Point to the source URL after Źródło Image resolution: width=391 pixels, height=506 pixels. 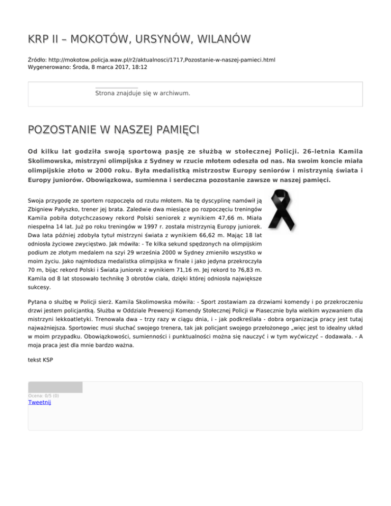[162, 60]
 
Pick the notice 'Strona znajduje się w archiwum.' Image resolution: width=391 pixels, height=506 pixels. [143, 93]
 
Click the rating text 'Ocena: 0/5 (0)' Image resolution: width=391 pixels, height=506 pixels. [43, 396]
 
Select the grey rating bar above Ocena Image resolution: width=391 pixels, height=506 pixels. [55, 387]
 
